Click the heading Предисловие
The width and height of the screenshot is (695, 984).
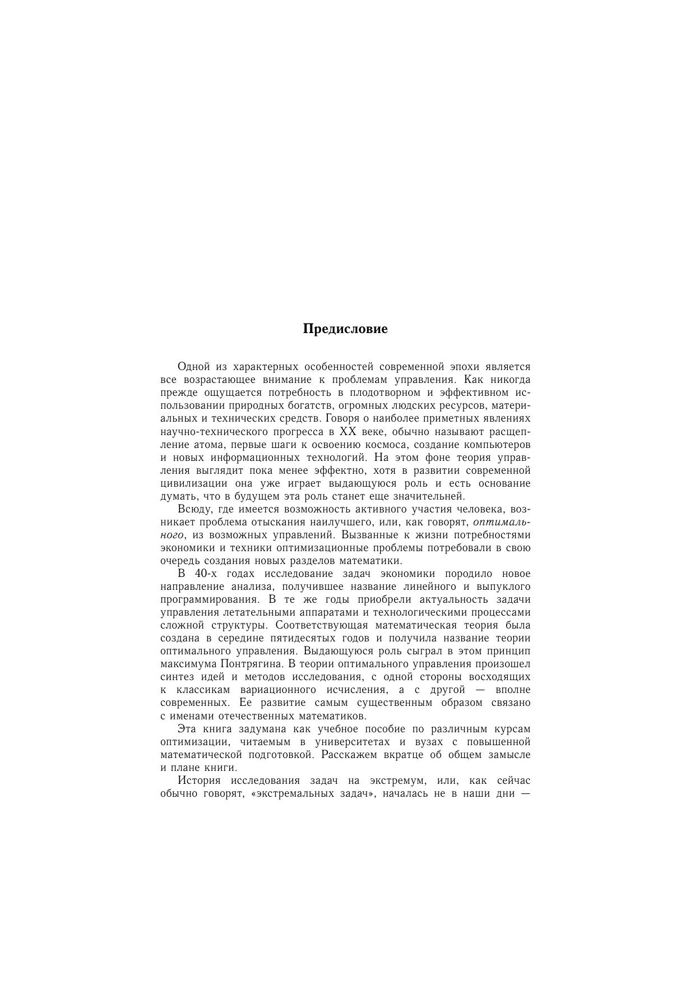(345, 329)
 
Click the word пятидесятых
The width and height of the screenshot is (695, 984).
(303, 638)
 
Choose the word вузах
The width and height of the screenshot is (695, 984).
(419, 742)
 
